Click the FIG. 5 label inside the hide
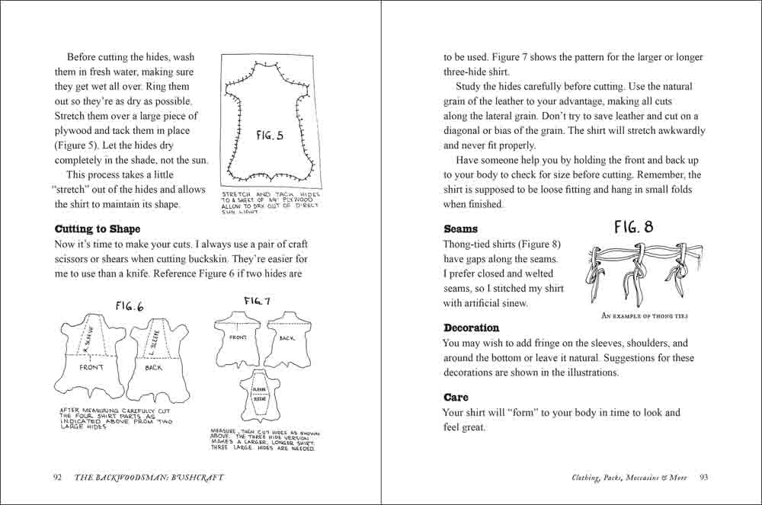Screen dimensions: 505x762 tap(270, 136)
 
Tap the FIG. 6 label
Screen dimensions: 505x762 tap(129, 307)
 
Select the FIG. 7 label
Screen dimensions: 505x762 tap(258, 302)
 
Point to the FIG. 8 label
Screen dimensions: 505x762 tap(633, 227)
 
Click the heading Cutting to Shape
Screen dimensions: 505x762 tap(98, 229)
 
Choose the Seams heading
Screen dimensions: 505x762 tap(460, 229)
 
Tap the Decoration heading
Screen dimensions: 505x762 tap(472, 328)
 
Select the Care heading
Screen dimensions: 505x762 tap(456, 398)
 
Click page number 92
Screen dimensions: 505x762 tap(57, 478)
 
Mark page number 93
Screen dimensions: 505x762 tap(704, 478)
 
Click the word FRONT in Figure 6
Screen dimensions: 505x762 tap(92, 367)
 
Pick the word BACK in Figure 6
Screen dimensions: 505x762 tap(153, 368)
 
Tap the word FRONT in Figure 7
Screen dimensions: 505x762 tap(237, 336)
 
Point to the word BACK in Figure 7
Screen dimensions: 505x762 tap(287, 337)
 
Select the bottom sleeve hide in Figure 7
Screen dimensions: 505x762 tap(263, 396)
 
